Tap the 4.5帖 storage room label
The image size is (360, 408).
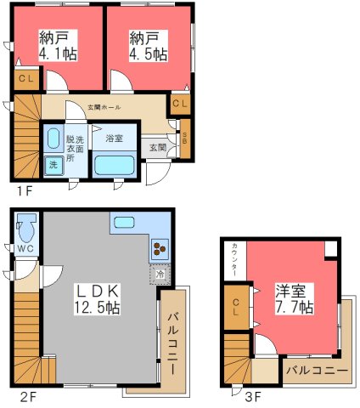tap(149, 45)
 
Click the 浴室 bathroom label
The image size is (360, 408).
tap(114, 137)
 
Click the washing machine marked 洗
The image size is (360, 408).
tap(53, 163)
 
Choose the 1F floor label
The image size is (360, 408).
tap(23, 190)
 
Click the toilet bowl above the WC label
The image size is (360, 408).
tap(25, 229)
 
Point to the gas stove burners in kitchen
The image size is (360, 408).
tap(160, 249)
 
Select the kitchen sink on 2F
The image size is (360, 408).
tap(126, 223)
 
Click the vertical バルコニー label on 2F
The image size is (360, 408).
tap(172, 343)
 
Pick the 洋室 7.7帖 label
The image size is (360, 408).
tap(294, 298)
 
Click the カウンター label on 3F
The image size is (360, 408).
tap(234, 259)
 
